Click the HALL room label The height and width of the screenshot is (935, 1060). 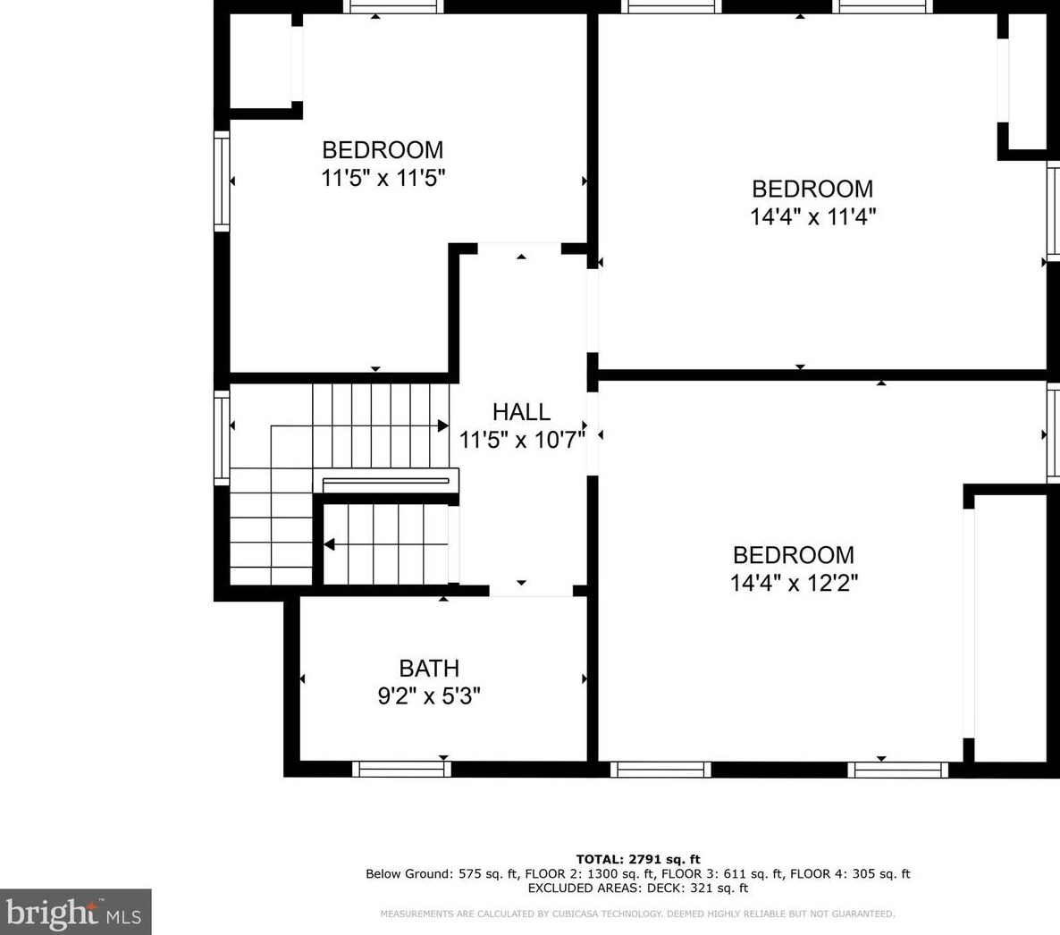521,412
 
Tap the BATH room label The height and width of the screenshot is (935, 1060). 429,668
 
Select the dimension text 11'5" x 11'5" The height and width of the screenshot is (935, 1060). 383,178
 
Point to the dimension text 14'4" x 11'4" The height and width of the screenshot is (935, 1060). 813,216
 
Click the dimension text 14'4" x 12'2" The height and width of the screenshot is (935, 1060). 794,583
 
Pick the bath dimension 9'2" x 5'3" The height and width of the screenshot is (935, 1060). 429,695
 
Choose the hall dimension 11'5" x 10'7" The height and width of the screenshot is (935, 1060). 522,440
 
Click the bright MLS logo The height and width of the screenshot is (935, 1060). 75,912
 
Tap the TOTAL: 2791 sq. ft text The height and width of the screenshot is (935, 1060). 638,859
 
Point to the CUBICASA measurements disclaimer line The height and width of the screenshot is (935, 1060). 637,914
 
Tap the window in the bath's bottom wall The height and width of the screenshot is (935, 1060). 401,769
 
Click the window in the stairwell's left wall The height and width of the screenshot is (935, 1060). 222,437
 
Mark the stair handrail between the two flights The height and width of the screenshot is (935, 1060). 385,482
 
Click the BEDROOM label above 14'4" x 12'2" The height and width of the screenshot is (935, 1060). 794,555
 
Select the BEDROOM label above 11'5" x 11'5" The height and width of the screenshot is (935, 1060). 383,149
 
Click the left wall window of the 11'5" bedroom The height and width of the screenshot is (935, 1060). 222,181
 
